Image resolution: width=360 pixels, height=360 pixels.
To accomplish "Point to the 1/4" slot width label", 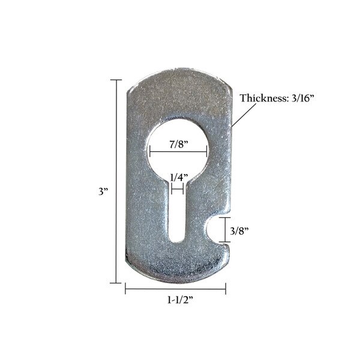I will [x=178, y=178].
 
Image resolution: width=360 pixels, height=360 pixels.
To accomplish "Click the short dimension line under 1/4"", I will [x=178, y=188].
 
